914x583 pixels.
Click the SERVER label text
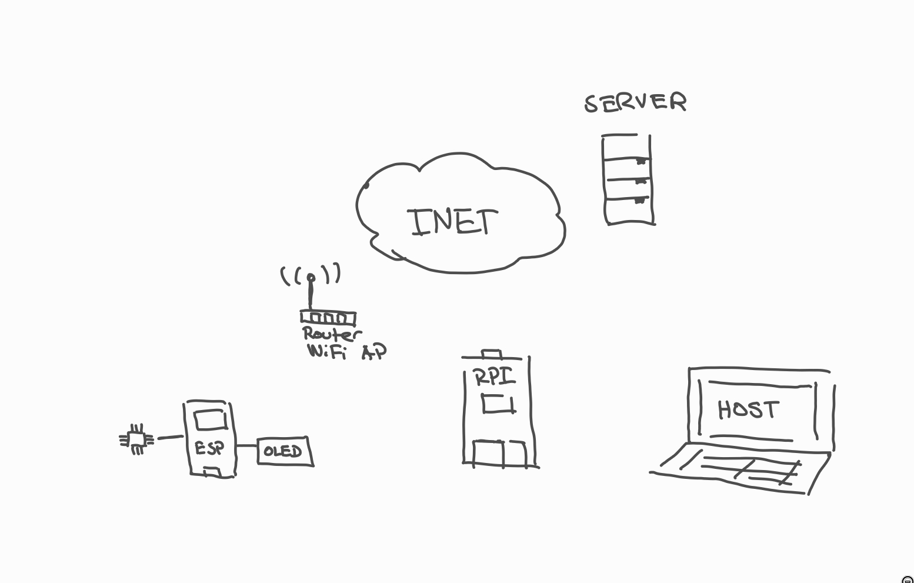[635, 102]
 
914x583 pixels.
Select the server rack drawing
[628, 180]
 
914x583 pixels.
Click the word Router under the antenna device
[331, 334]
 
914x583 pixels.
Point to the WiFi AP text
[346, 351]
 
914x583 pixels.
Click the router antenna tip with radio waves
[311, 276]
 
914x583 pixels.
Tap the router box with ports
[328, 318]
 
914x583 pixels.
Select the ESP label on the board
[209, 448]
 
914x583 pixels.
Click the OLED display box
[284, 451]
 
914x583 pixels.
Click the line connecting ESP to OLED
[246, 445]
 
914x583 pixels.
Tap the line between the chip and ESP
[170, 437]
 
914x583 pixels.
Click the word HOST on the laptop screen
[748, 409]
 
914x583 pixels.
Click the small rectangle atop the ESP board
[211, 420]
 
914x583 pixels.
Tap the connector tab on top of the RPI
[492, 354]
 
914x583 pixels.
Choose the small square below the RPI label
[498, 404]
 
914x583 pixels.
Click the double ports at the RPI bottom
[500, 453]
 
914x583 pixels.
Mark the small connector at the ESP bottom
[211, 472]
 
